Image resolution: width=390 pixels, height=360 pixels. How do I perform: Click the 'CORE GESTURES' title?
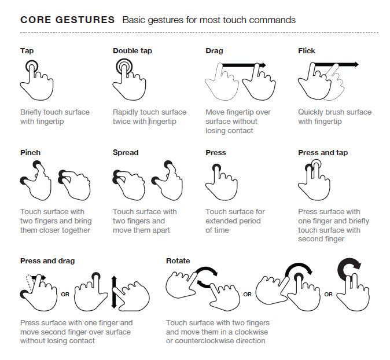(67, 20)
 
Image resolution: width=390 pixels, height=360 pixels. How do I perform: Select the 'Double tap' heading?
(133, 51)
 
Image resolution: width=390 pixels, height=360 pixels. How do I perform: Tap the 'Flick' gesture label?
(307, 51)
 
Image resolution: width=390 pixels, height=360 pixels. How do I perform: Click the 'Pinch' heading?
(30, 153)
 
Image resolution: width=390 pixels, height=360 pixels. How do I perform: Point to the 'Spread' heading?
(126, 153)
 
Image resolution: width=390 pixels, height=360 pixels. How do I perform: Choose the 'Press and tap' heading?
(323, 153)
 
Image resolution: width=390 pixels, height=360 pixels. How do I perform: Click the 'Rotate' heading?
(178, 260)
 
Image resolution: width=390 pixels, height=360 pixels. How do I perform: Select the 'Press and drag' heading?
(47, 261)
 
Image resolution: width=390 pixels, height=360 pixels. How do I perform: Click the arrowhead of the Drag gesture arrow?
(263, 65)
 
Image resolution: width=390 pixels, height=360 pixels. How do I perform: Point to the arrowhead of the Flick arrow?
(356, 64)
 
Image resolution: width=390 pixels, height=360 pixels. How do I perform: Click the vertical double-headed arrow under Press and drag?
(114, 292)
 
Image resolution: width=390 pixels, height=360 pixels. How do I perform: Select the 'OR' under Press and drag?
(65, 295)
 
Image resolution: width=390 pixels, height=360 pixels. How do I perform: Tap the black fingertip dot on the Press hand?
(216, 167)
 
